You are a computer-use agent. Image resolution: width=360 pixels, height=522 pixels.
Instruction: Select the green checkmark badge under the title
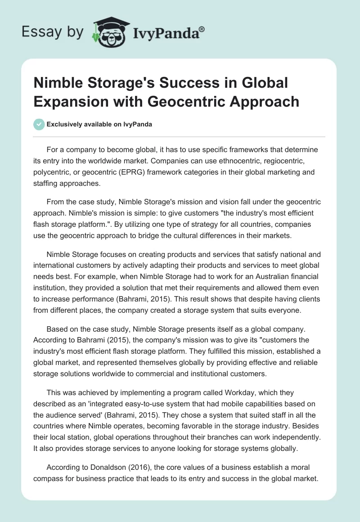point(39,124)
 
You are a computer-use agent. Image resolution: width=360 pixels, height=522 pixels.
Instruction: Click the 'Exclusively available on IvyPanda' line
point(99,124)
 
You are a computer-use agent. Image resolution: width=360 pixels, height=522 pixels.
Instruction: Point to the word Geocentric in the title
point(187,101)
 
